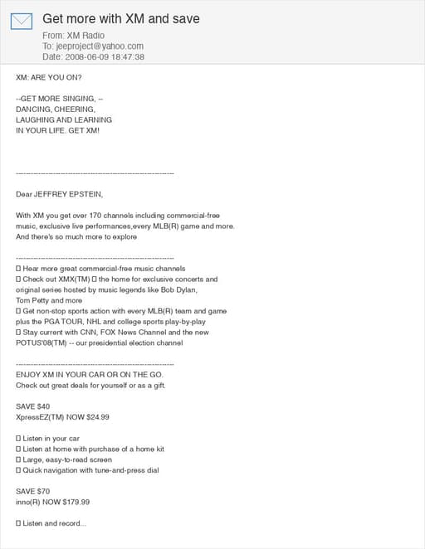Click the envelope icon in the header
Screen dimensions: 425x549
(x=21, y=21)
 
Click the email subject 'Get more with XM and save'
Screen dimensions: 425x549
(x=121, y=18)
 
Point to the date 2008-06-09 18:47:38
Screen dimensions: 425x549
(x=105, y=57)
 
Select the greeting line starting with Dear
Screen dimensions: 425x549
(x=59, y=194)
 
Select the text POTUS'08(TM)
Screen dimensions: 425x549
(x=42, y=343)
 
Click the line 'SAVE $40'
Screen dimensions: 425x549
(x=33, y=406)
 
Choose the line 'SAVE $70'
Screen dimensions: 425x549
(x=33, y=491)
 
